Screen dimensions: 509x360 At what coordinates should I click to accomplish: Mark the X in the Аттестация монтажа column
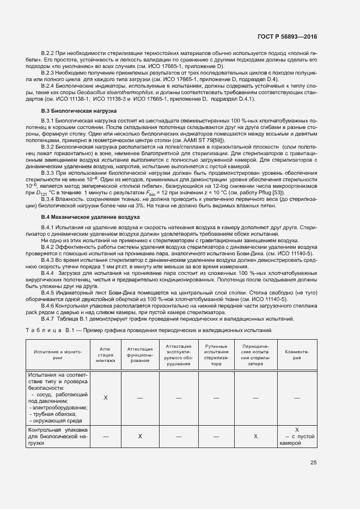(x=105, y=397)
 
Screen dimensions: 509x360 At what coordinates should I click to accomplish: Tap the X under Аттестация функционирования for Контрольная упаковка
(x=139, y=437)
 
